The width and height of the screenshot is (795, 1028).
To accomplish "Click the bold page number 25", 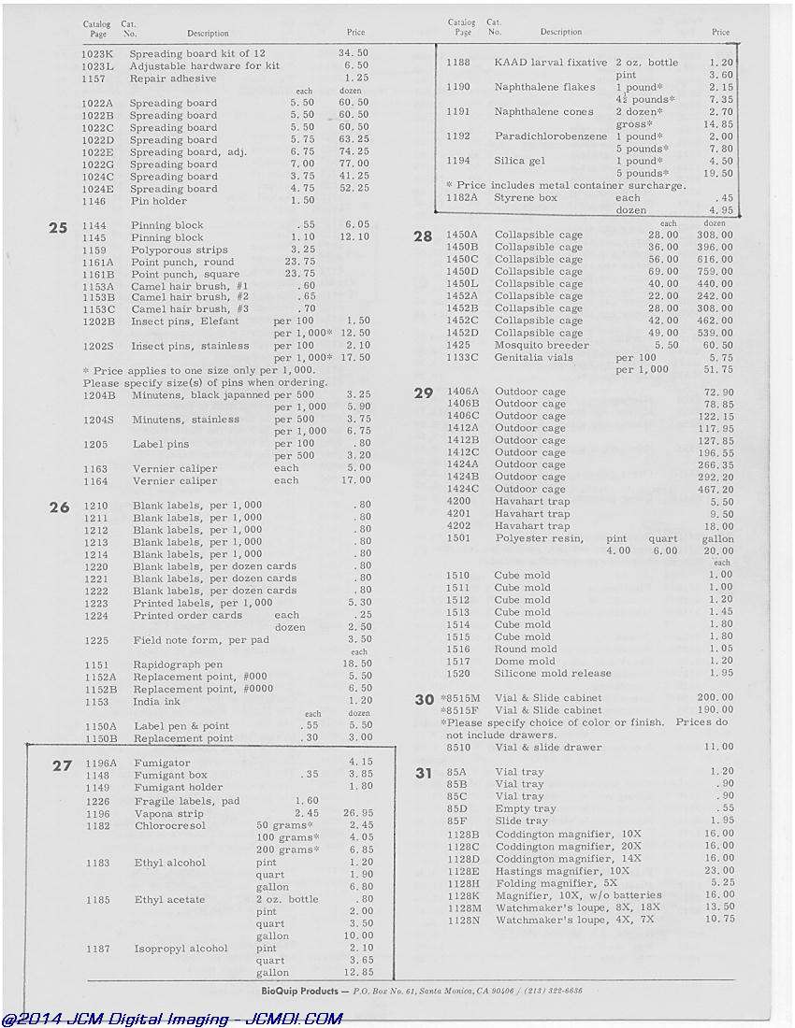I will tap(58, 227).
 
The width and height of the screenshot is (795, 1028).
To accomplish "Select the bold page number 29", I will tap(424, 393).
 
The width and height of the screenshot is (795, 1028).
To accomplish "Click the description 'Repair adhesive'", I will tap(173, 79).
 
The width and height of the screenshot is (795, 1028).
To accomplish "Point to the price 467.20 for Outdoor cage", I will tap(715, 489).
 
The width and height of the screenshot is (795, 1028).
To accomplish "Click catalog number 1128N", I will tap(464, 920).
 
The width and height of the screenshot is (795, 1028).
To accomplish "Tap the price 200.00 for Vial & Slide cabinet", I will tap(715, 698).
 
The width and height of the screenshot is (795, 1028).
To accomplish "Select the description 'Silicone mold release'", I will tap(553, 673).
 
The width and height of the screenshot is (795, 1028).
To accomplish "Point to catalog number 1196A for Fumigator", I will tap(101, 763).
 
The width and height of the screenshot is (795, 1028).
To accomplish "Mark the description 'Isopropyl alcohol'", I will tap(181, 949).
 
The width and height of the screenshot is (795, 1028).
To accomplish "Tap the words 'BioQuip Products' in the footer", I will tap(300, 991).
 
